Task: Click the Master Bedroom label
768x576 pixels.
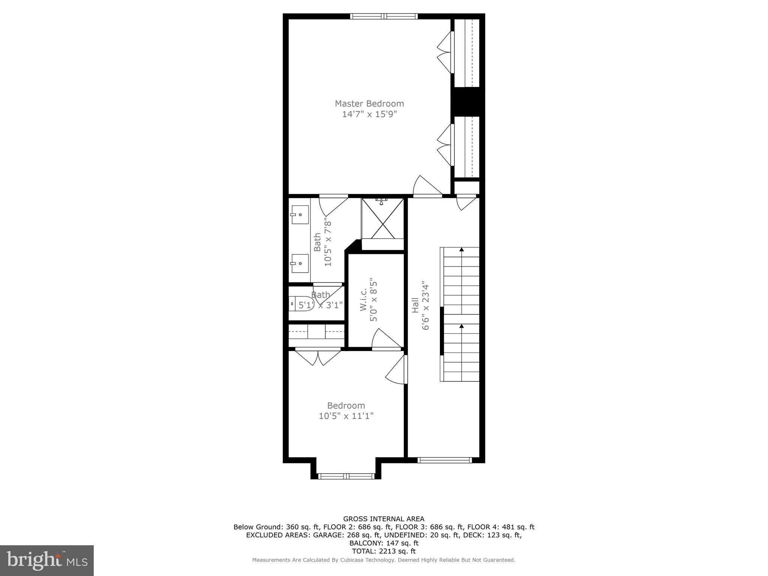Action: click(369, 103)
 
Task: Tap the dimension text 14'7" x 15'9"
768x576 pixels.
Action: click(369, 114)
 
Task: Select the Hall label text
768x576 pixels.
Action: click(415, 305)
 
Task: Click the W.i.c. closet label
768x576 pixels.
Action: click(363, 300)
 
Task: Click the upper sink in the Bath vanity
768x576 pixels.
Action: click(300, 214)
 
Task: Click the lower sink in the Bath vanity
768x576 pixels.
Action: click(300, 263)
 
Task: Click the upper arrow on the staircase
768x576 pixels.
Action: click(462, 249)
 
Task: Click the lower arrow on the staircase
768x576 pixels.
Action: click(462, 326)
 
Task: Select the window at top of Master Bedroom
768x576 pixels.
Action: click(384, 16)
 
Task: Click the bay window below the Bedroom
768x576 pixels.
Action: click(346, 476)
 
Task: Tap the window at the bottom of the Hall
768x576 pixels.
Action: click(444, 460)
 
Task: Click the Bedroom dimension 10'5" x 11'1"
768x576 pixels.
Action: click(346, 416)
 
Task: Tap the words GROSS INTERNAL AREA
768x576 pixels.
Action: click(384, 519)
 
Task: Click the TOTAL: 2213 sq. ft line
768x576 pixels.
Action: click(384, 551)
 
